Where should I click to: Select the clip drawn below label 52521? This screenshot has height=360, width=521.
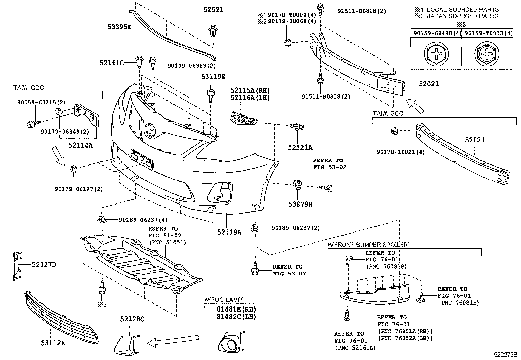213,30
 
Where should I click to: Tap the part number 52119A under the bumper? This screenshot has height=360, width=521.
229,232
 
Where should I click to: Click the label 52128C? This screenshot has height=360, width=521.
132,319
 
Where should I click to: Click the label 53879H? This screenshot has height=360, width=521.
300,204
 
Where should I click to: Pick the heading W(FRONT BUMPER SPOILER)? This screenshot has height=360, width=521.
368,245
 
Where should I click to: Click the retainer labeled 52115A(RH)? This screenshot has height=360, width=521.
243,118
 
